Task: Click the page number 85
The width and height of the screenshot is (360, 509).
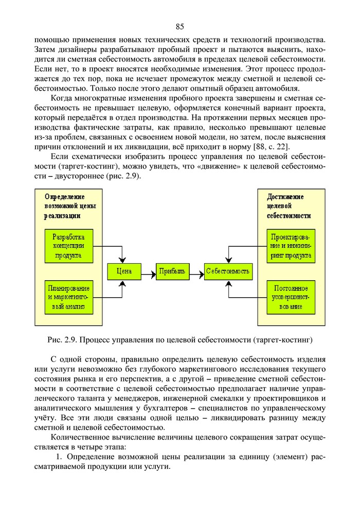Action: [179, 27]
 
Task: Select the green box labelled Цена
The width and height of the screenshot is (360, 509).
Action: [124, 271]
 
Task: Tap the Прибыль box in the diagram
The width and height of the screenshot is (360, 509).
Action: [172, 271]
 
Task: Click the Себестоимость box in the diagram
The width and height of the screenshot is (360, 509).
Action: [228, 271]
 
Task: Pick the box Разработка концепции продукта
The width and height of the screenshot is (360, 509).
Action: [68, 246]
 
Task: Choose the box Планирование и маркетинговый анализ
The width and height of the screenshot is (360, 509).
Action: [68, 297]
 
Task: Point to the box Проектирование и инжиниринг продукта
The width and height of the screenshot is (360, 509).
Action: [291, 246]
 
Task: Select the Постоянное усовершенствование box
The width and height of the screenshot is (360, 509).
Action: [291, 297]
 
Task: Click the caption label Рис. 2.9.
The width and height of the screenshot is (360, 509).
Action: [62, 340]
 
